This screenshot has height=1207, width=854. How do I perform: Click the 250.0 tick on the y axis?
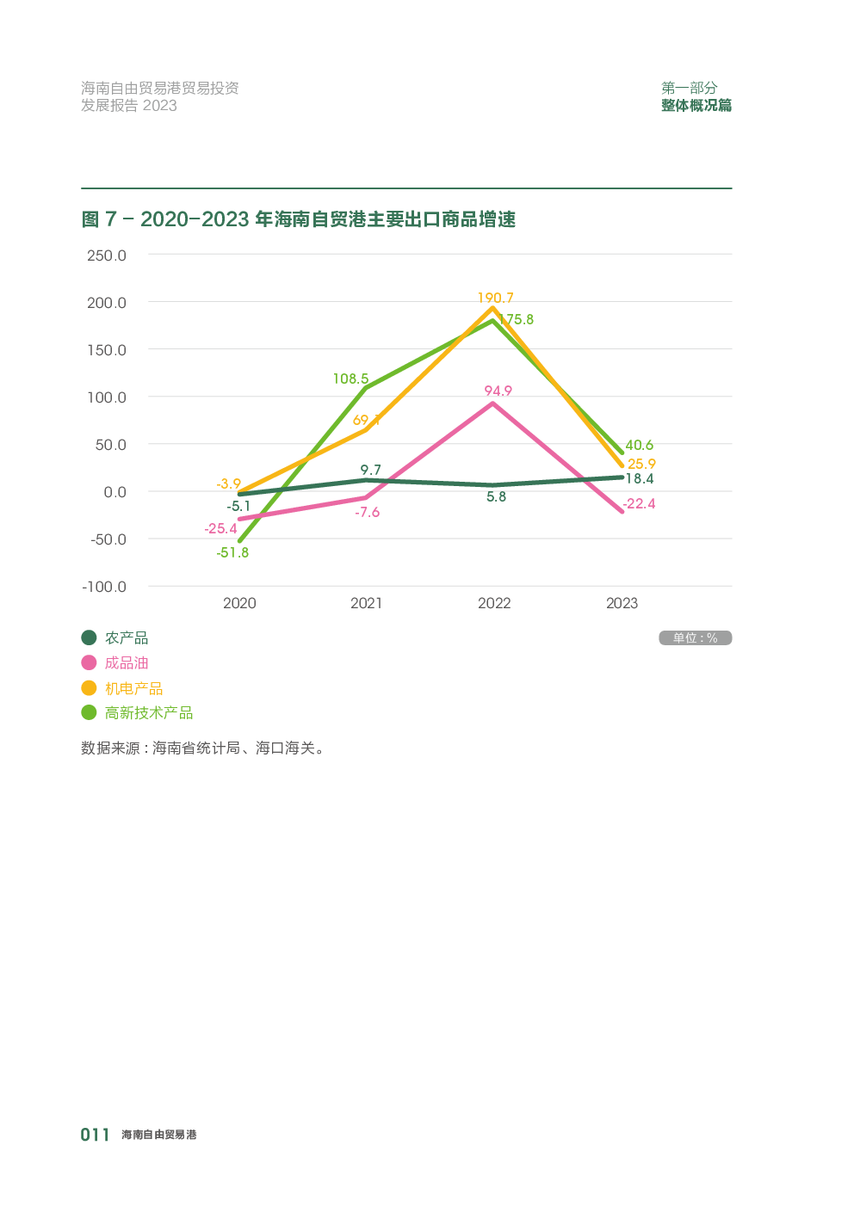tap(106, 256)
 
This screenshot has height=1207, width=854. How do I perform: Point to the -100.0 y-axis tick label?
tap(104, 587)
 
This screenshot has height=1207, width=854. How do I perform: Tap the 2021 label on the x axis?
tap(366, 603)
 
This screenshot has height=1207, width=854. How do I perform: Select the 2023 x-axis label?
tap(622, 603)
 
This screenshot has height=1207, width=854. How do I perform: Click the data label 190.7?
tap(495, 298)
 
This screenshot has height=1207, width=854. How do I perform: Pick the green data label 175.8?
tap(517, 319)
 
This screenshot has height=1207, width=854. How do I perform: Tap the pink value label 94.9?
tap(498, 391)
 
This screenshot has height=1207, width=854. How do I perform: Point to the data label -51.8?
tap(232, 552)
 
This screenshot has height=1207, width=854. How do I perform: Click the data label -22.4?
tap(639, 503)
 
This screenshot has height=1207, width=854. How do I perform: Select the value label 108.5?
tap(350, 379)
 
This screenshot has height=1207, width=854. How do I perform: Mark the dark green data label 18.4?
tap(639, 478)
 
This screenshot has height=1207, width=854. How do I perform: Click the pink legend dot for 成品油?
tap(89, 662)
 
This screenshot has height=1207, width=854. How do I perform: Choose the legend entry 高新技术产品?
tap(148, 712)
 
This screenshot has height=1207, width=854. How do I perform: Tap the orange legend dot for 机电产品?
tap(89, 688)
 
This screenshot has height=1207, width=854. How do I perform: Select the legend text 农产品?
tap(127, 637)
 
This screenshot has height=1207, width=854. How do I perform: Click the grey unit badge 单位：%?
tap(695, 637)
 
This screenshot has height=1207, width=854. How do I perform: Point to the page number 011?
tap(95, 1135)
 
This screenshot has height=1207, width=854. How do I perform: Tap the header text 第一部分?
tap(689, 88)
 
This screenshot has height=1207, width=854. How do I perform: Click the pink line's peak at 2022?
tap(492, 403)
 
